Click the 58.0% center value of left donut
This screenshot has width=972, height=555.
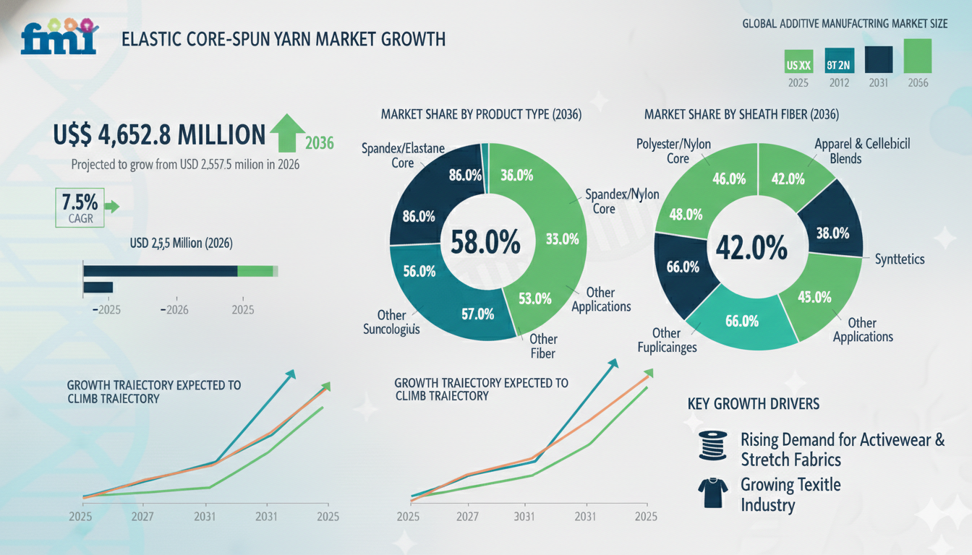485,242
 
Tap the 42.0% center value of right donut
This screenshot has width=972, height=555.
751,248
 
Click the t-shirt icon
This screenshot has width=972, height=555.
712,494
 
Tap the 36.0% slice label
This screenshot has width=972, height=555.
516,176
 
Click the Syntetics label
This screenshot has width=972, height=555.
899,259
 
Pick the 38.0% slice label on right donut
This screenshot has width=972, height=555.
832,233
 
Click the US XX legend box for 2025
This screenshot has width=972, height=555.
799,65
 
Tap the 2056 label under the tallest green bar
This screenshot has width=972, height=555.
918,83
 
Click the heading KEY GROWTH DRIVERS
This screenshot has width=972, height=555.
753,404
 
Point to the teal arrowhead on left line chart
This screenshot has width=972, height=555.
291,374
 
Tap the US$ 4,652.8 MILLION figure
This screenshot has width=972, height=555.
160,134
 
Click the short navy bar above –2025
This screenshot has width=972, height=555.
98,287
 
